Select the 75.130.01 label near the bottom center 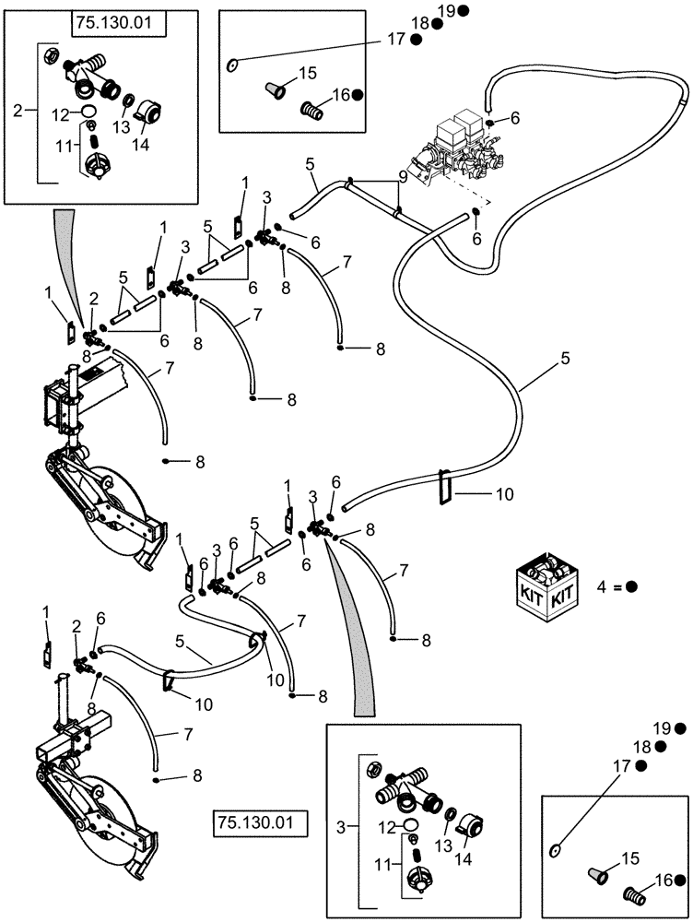pyautogui.click(x=258, y=821)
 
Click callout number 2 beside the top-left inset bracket pyautogui.click(x=16, y=110)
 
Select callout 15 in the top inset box pyautogui.click(x=306, y=73)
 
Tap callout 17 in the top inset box pyautogui.click(x=396, y=39)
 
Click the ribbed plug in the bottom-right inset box pyautogui.click(x=634, y=892)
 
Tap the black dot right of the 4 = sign pyautogui.click(x=632, y=586)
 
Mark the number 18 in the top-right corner pyautogui.click(x=419, y=23)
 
